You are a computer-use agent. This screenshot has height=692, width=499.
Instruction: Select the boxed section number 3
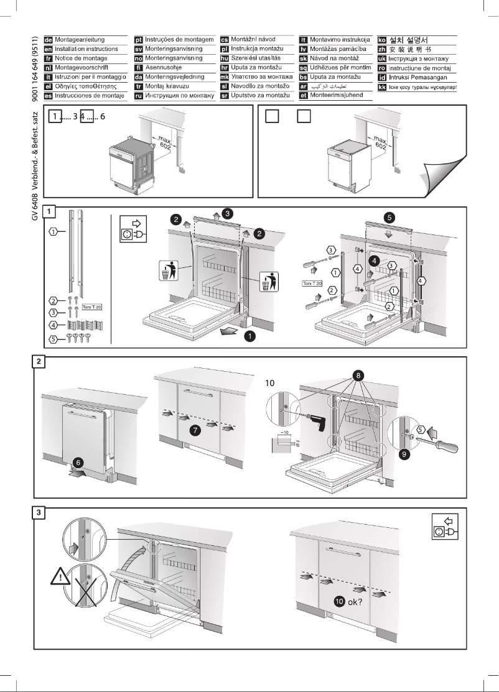(x=39, y=513)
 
